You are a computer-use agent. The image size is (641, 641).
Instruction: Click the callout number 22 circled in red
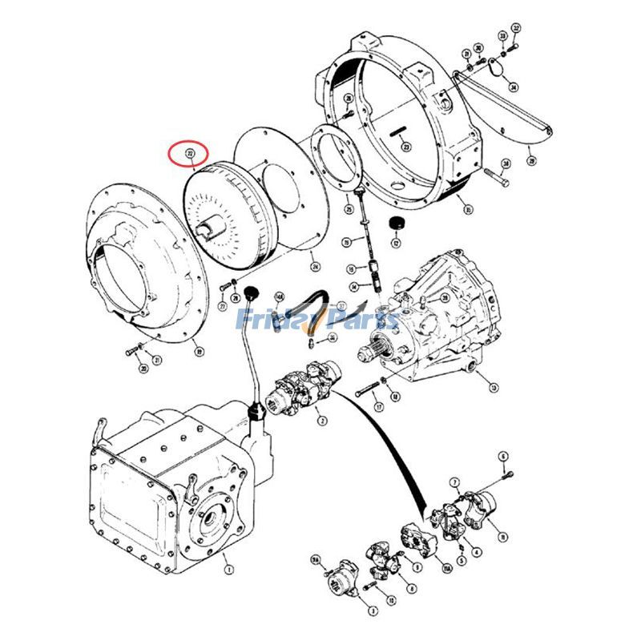click(190, 152)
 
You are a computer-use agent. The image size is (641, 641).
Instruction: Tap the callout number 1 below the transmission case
click(228, 570)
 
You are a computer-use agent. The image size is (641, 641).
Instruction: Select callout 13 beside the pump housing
click(494, 388)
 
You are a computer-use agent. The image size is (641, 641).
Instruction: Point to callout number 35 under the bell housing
click(468, 210)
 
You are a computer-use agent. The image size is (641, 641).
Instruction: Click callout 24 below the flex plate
click(315, 267)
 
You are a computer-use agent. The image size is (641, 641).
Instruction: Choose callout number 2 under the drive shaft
click(321, 419)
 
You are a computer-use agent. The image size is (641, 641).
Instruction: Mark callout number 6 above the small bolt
click(503, 457)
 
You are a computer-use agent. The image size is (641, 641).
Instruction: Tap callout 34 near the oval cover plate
click(513, 87)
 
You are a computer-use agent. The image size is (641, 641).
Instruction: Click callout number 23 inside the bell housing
click(406, 147)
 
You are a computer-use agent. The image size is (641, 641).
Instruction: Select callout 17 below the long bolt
click(379, 407)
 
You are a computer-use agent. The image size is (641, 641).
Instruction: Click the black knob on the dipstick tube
click(254, 290)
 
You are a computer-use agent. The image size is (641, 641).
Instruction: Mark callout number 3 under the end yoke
click(373, 611)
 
